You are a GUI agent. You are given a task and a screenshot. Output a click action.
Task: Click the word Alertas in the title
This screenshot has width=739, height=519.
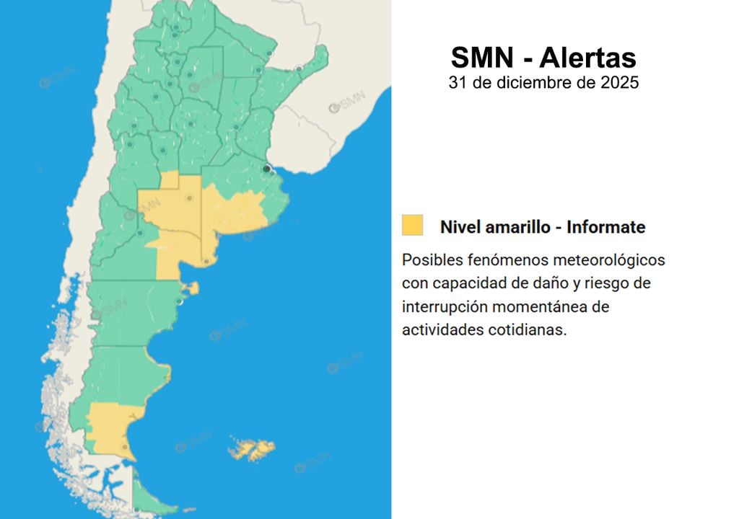[587, 57]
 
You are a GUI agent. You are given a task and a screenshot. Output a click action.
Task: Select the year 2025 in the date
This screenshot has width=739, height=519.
[619, 82]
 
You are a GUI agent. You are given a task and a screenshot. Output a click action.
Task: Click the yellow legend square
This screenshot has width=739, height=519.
[413, 225]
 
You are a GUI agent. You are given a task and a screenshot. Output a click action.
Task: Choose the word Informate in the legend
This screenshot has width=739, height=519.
[606, 227]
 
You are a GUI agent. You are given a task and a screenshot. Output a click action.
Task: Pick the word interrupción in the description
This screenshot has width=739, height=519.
[444, 306]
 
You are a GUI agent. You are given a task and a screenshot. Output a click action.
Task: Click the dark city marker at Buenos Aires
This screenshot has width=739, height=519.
[267, 169]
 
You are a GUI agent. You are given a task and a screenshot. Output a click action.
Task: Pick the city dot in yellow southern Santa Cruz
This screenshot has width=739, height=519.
[125, 447]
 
